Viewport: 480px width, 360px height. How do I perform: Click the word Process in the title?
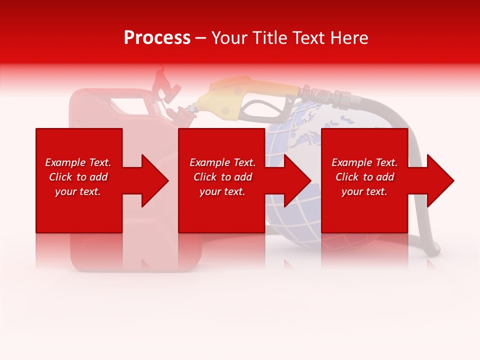point(157,38)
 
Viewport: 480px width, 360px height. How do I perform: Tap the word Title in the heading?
point(270,38)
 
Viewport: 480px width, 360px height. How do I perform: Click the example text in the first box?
point(78,177)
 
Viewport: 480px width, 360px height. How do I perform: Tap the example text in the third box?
point(364,177)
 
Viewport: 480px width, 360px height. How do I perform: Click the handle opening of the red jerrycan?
point(127,105)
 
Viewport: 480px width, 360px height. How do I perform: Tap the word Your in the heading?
point(229,38)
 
